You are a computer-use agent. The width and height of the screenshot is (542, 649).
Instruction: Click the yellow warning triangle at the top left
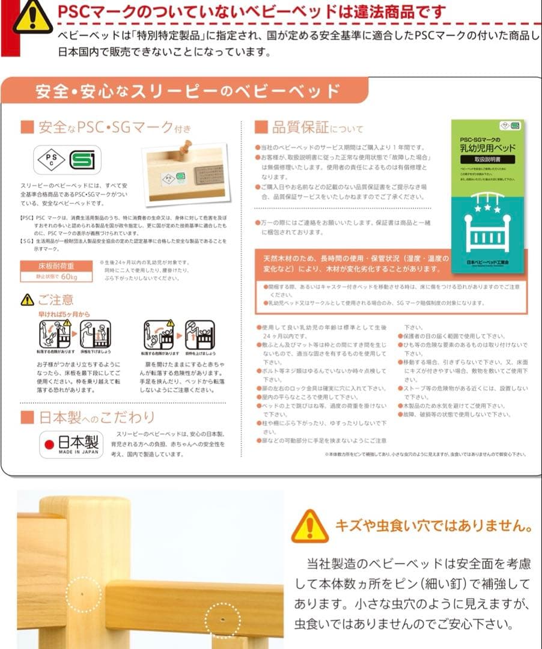click(32, 16)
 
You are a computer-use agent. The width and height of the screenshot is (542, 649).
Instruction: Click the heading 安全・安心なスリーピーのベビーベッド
click(187, 91)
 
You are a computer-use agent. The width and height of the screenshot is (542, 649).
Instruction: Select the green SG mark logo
click(81, 160)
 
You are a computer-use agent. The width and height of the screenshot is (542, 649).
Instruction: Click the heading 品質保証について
click(309, 127)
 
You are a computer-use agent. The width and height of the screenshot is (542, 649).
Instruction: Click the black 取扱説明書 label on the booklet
click(487, 160)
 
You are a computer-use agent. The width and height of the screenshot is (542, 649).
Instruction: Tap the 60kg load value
click(69, 277)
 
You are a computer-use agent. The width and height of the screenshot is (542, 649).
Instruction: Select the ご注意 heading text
click(55, 299)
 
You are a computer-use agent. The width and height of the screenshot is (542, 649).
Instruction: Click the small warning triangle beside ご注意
click(28, 299)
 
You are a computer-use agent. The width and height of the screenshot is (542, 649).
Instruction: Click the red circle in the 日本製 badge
click(50, 445)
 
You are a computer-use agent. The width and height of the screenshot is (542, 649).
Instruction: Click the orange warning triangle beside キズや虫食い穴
click(310, 526)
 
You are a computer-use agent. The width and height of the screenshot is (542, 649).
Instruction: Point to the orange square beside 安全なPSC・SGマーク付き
click(26, 127)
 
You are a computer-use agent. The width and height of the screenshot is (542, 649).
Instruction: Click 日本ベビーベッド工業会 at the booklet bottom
click(487, 263)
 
